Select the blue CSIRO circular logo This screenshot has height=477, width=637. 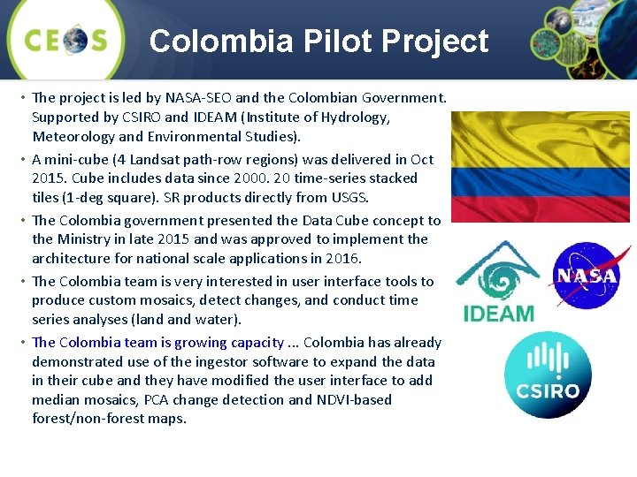[x=548, y=375]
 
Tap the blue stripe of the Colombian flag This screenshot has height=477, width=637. [x=540, y=182]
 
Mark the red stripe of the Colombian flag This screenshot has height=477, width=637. [x=540, y=208]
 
